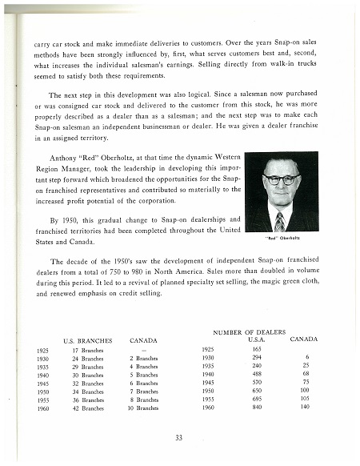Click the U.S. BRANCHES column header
[85, 340]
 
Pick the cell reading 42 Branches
[87, 408]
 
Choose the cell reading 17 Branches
[87, 350]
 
